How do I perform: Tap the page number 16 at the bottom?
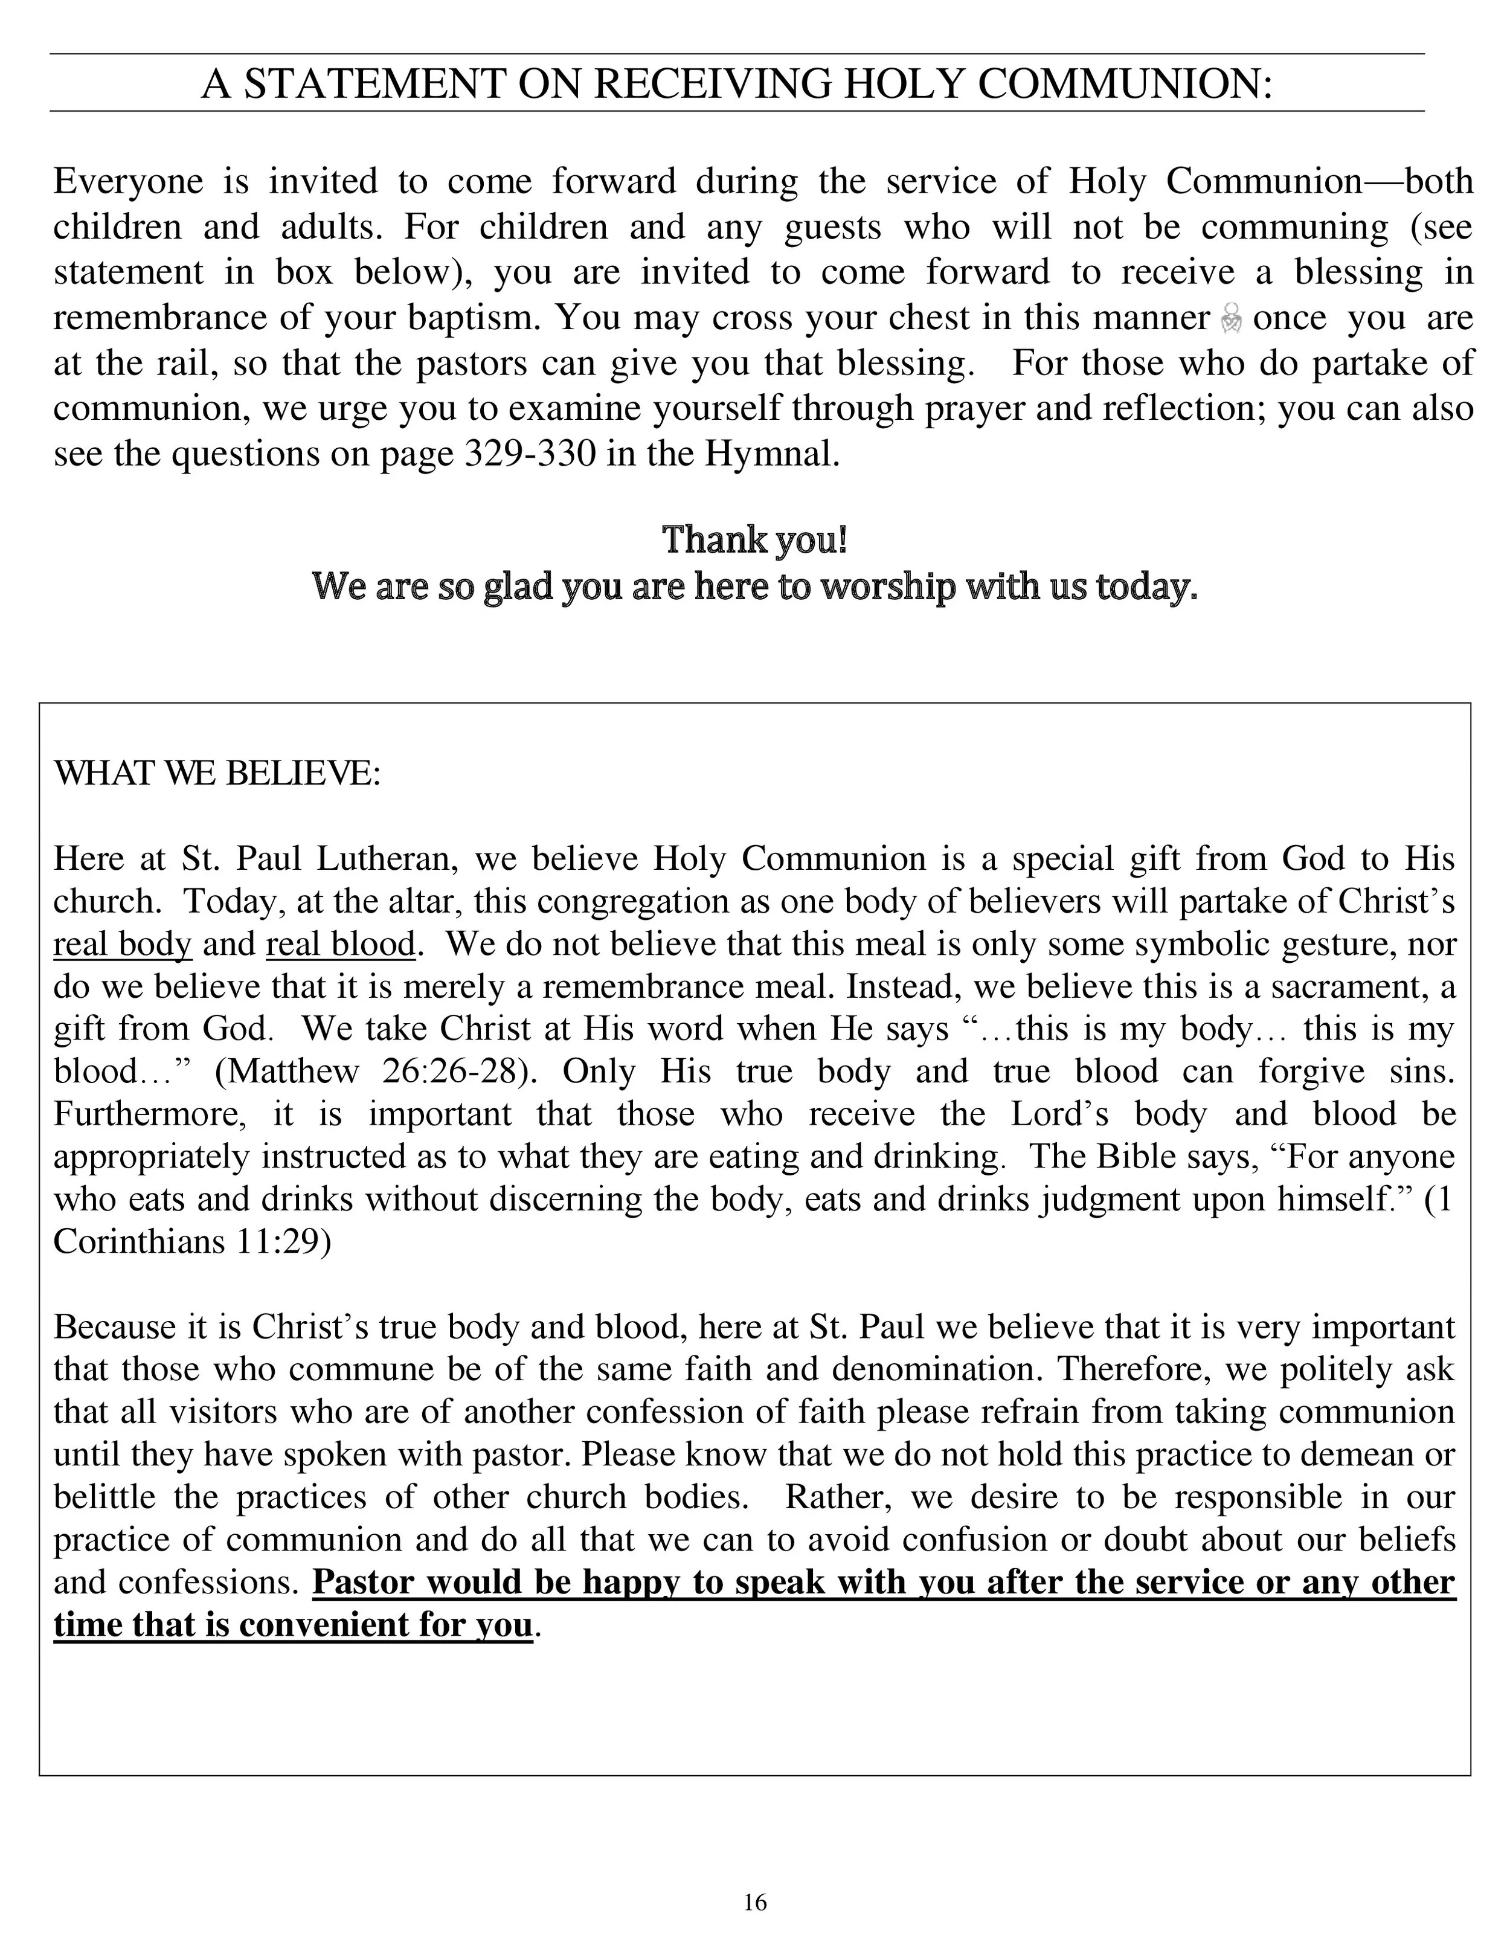pos(755,1902)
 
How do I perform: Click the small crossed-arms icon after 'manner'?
pos(1231,318)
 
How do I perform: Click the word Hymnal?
pos(772,454)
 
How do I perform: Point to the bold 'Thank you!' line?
pos(754,539)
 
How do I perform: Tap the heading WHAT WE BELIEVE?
pos(217,773)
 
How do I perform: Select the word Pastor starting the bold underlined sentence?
pos(364,1582)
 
